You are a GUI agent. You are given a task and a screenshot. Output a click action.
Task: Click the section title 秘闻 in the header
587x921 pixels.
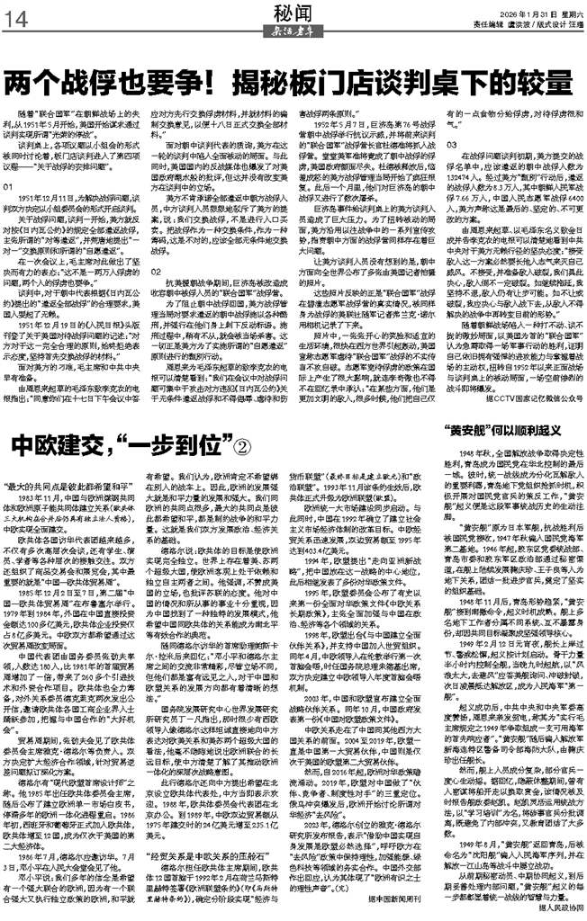[293, 13]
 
